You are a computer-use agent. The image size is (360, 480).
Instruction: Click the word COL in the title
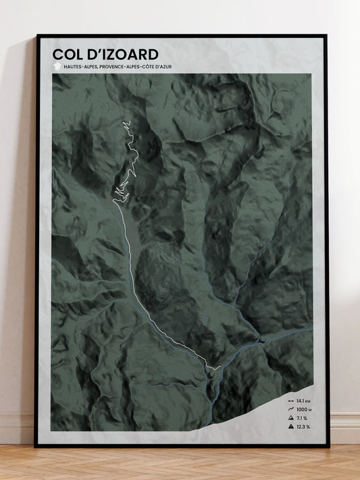tap(69, 54)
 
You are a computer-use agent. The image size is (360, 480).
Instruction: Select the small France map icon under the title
tap(56, 67)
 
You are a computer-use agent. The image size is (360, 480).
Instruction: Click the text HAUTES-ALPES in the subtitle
tap(82, 67)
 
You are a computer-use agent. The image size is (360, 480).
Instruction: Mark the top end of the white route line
tap(124, 121)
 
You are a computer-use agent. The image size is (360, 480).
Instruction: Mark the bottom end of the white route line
tap(220, 367)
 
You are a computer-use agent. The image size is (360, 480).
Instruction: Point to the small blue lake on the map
tap(207, 316)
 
